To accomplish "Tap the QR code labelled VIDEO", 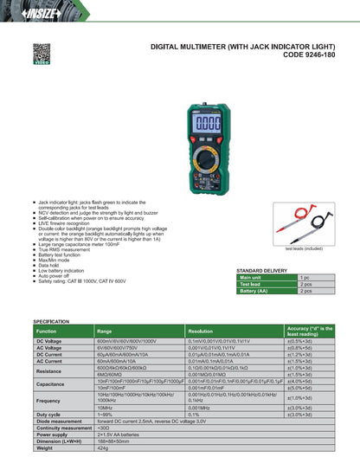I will coord(41,54).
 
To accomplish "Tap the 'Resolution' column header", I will coord(201,331).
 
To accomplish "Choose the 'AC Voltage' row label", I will coord(50,348).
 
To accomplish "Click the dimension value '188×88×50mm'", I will coord(113,441).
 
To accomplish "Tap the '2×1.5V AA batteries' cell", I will coord(120,434).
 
